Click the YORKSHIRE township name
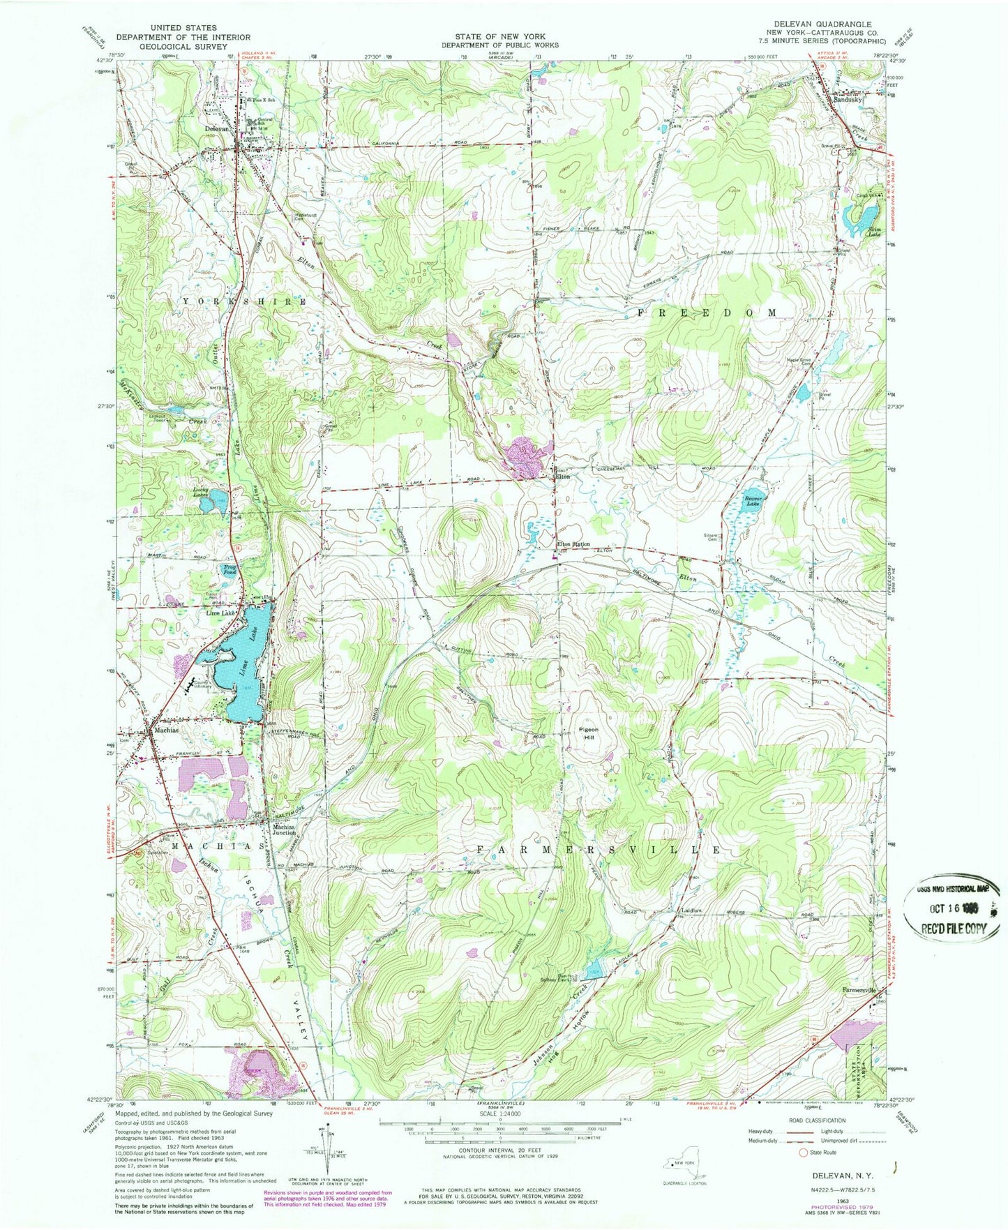(x=244, y=301)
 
